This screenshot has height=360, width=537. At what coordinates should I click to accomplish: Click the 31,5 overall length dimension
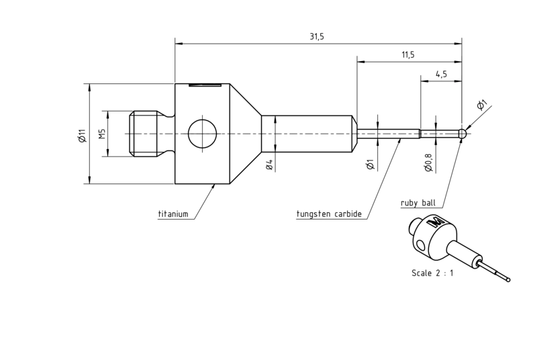click(x=317, y=37)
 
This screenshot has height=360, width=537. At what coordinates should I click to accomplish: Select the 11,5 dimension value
click(x=407, y=55)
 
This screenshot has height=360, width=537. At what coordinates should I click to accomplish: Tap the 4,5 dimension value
click(x=441, y=75)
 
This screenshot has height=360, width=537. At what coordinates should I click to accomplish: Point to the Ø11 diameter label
click(x=81, y=136)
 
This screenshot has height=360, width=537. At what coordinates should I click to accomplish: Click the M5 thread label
click(x=102, y=134)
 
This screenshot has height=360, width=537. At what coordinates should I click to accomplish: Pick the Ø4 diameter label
click(x=269, y=165)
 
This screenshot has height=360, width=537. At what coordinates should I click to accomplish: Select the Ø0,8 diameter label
click(x=428, y=163)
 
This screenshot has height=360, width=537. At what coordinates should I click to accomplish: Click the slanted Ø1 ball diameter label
click(x=481, y=105)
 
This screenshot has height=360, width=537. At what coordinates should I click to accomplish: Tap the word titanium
click(x=173, y=214)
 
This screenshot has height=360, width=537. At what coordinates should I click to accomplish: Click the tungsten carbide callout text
click(x=329, y=214)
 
